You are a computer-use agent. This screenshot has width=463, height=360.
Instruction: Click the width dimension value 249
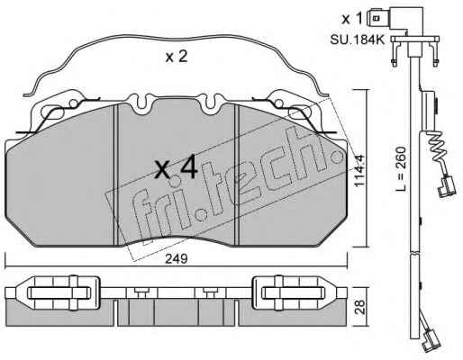[177, 259]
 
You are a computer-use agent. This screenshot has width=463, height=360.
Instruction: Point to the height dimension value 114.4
[359, 170]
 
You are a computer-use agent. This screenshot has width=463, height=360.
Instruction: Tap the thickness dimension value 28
[361, 307]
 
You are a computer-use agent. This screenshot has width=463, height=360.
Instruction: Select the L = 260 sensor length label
[400, 169]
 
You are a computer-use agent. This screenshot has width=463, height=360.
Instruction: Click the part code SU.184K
[358, 40]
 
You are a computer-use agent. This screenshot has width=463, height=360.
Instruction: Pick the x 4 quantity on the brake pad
[177, 168]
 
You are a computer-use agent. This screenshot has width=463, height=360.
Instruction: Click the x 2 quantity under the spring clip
[177, 57]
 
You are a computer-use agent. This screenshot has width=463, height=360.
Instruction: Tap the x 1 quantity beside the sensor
[352, 19]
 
